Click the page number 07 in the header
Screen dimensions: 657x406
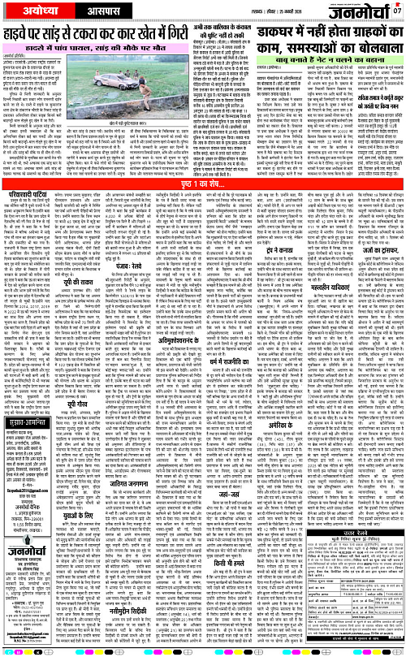396,11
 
